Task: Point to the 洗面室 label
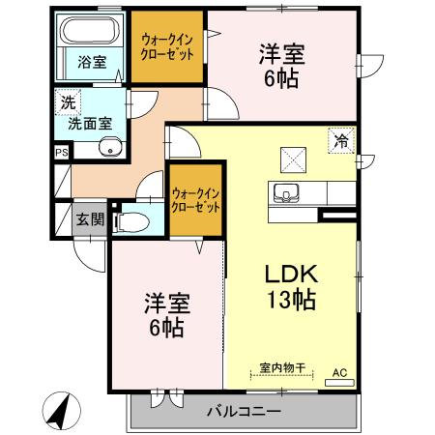[x=88, y=123]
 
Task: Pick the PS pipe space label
[x=61, y=152]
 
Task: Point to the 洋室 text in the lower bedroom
[x=159, y=304]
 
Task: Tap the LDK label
[x=291, y=274]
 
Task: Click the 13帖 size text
[x=291, y=300]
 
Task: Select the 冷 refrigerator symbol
[x=341, y=140]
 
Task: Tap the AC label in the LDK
[x=339, y=370]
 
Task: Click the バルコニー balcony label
[x=244, y=412]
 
